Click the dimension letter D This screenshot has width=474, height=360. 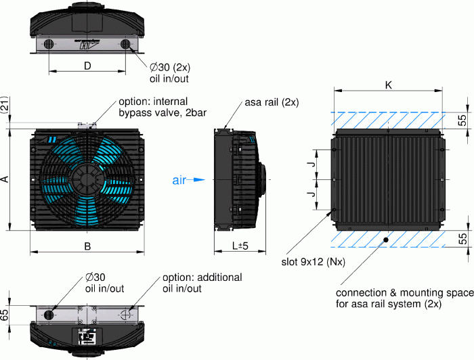(87, 66)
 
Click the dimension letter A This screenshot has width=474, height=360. (5, 179)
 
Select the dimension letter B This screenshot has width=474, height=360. (87, 246)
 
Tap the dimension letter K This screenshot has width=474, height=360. (388, 85)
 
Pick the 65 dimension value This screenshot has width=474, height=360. (5, 314)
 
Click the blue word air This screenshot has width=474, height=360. (179, 180)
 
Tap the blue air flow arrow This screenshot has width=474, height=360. (196, 180)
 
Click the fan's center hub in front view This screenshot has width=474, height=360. (87, 180)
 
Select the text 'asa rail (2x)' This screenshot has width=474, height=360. (272, 102)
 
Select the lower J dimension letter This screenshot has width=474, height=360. (311, 195)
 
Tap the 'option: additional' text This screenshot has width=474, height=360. (202, 277)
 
